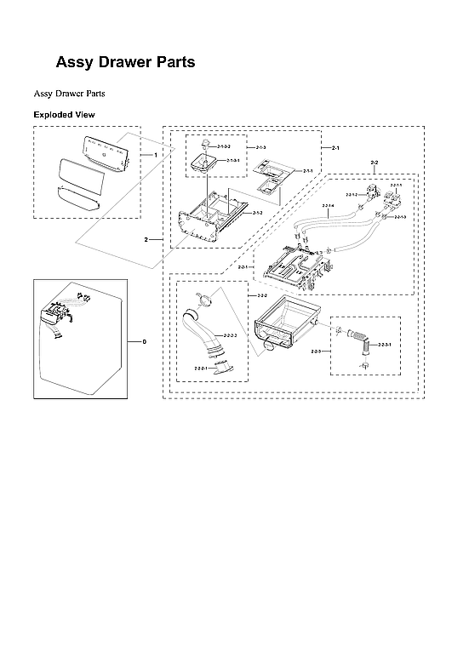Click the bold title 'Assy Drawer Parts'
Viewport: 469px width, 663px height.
coord(125,62)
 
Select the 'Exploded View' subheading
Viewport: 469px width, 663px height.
coord(64,114)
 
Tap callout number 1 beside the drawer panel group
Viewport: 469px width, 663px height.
coord(155,154)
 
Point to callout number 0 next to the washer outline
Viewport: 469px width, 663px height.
coord(144,341)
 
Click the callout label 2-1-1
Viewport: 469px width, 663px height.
coord(307,171)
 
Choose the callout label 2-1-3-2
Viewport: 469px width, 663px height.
coord(224,148)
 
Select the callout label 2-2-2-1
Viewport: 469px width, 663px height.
coord(203,369)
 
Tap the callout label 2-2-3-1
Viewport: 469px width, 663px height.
coord(385,345)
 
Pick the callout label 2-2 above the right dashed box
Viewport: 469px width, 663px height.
coord(375,162)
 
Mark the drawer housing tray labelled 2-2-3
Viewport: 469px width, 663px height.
coord(285,328)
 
